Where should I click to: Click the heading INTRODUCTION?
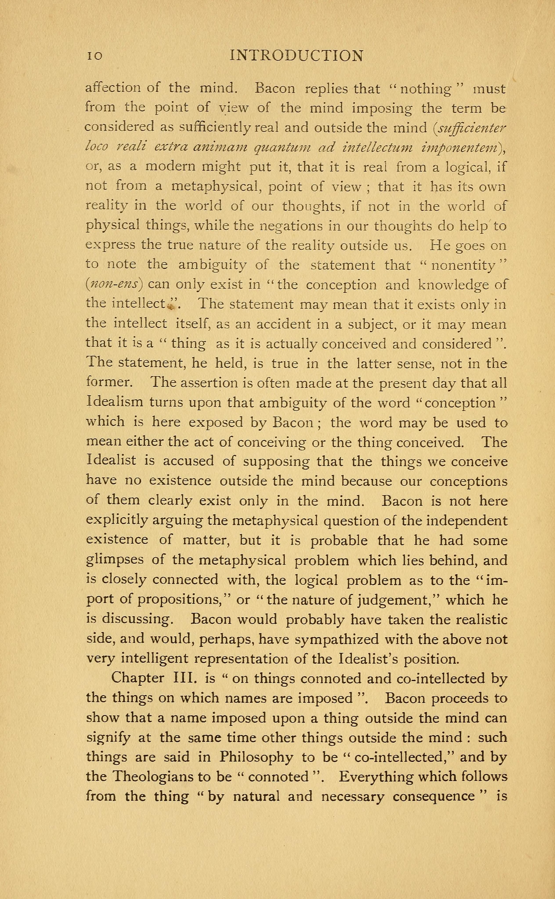pos(296,56)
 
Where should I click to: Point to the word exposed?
pos(216,423)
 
